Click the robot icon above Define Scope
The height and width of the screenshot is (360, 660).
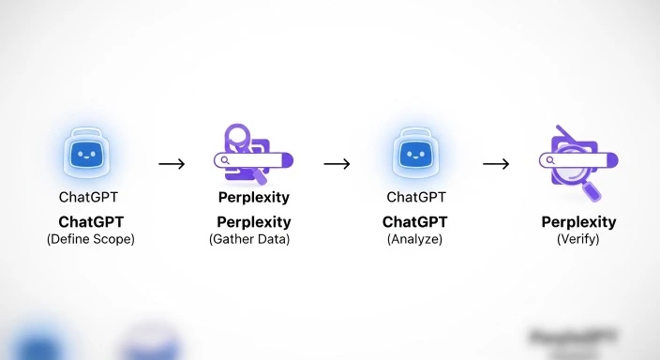coord(90,153)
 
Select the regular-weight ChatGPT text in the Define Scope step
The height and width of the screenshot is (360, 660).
coord(89,198)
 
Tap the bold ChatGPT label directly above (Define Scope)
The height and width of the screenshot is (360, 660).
coord(90,222)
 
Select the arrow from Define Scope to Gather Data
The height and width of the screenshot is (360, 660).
coord(172,164)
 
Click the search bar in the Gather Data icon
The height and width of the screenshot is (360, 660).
coord(251,160)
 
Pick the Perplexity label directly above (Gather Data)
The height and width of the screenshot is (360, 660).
coord(253,222)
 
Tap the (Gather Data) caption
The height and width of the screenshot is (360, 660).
coord(249,239)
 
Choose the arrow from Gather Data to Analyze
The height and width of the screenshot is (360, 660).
coord(337,164)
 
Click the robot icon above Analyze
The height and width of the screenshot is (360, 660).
coord(414,153)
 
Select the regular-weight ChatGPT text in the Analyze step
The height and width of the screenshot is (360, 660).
coord(415,198)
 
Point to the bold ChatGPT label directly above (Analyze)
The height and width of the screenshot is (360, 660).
coord(414,222)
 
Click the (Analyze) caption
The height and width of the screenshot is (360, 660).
coord(414,239)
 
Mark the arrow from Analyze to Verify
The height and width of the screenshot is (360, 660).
coord(496,164)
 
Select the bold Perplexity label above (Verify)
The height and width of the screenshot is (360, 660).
coord(578,222)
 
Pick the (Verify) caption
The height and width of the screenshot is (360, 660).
coord(577,239)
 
